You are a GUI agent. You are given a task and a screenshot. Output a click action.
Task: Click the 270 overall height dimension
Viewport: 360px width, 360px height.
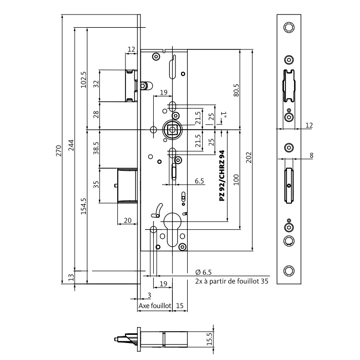pos(59,150)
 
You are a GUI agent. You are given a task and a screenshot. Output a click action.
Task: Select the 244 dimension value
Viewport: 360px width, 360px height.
pos(72,150)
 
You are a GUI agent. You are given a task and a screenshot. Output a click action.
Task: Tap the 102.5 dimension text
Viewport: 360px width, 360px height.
pos(84,80)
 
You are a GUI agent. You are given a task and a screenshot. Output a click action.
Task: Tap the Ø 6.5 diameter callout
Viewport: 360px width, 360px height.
pos(204,272)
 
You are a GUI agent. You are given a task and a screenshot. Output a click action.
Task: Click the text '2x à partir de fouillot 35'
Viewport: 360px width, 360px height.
pos(232,281)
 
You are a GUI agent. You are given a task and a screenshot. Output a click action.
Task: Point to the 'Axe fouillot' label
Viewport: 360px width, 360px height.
pos(154,305)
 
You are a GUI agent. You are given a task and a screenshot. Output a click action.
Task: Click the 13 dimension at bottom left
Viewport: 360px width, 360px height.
pos(71,278)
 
